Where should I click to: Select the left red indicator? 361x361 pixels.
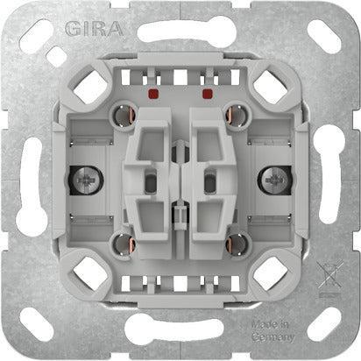[154, 90]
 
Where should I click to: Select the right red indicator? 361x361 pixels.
[208, 90]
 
